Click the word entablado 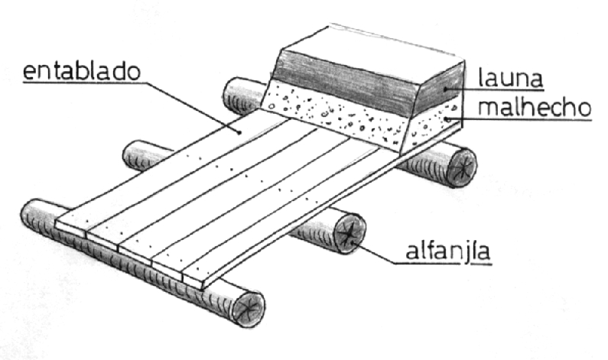pyautogui.click(x=81, y=72)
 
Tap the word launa pyautogui.click(x=510, y=78)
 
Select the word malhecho pyautogui.click(x=535, y=107)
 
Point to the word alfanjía pyautogui.click(x=449, y=252)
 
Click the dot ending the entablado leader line pyautogui.click(x=239, y=132)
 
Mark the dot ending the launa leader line pyautogui.click(x=447, y=89)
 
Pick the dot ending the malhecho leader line pyautogui.click(x=447, y=118)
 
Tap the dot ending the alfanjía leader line pyautogui.click(x=352, y=242)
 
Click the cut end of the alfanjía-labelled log pyautogui.click(x=350, y=234)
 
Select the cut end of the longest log pyautogui.click(x=249, y=307)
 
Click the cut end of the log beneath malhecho pyautogui.click(x=461, y=167)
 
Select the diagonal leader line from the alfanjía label pyautogui.click(x=374, y=253)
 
